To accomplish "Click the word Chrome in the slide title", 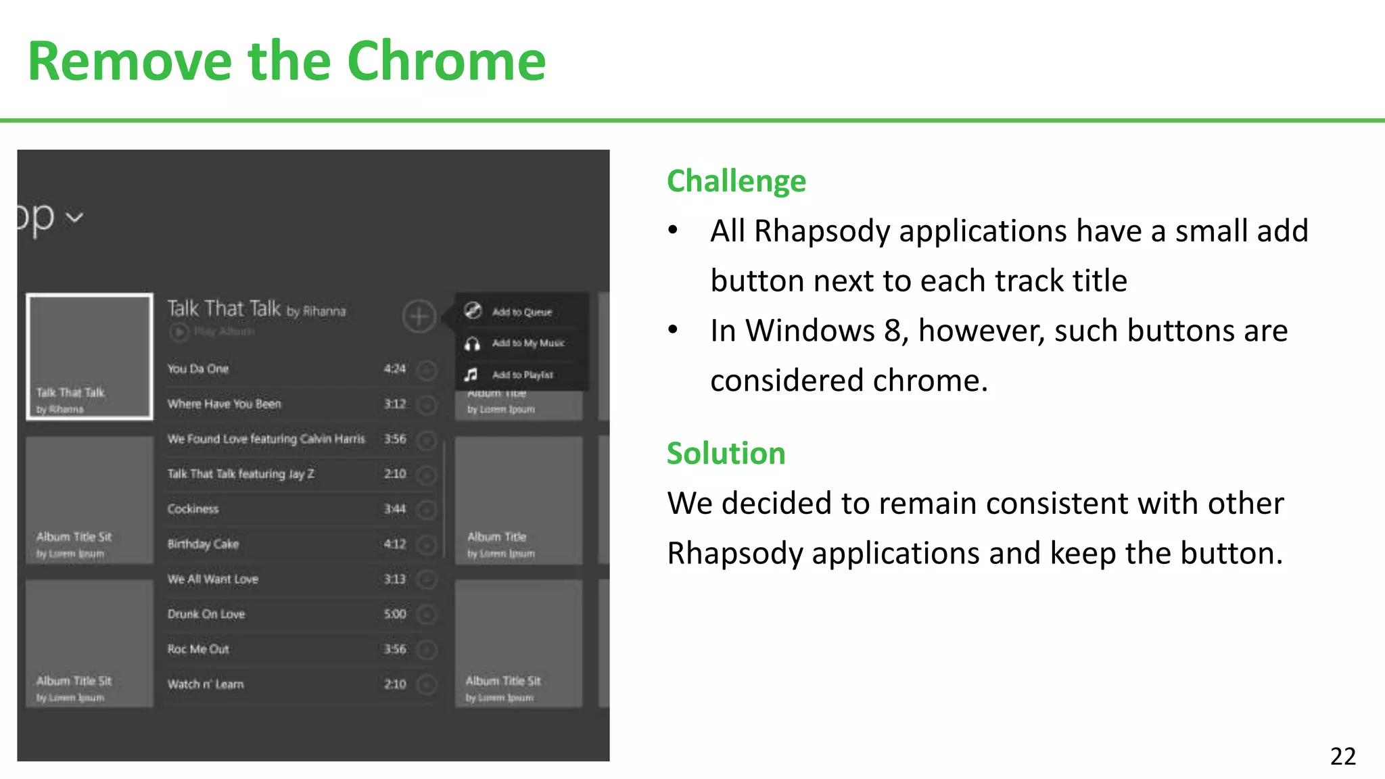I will [446, 62].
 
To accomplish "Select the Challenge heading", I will [736, 181].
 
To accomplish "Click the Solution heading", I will [726, 453].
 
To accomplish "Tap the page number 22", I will [1342, 756].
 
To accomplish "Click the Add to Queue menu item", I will [521, 312].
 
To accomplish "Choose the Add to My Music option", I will [527, 344].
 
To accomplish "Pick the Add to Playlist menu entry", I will [522, 375].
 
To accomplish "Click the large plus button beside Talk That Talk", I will [419, 316].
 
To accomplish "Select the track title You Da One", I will [198, 369].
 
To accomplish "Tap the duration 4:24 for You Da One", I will [394, 369].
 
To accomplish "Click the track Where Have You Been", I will [224, 404].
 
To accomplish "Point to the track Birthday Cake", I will [203, 544].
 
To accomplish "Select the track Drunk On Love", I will [206, 614].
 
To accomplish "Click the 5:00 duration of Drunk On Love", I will [394, 614].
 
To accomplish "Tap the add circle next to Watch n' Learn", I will [426, 684].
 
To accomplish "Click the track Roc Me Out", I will [198, 649].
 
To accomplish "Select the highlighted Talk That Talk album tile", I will [89, 356].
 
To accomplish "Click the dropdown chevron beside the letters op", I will [75, 218].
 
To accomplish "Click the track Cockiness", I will [193, 509].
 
